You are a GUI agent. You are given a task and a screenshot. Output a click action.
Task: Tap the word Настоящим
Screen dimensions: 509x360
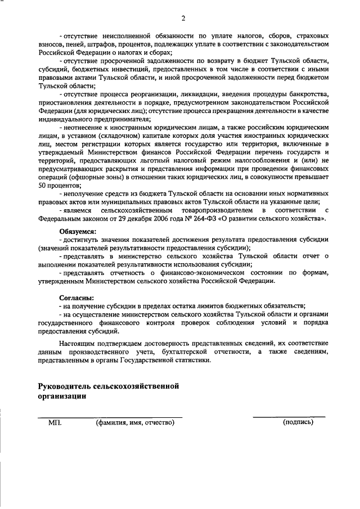coord(78,342)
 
